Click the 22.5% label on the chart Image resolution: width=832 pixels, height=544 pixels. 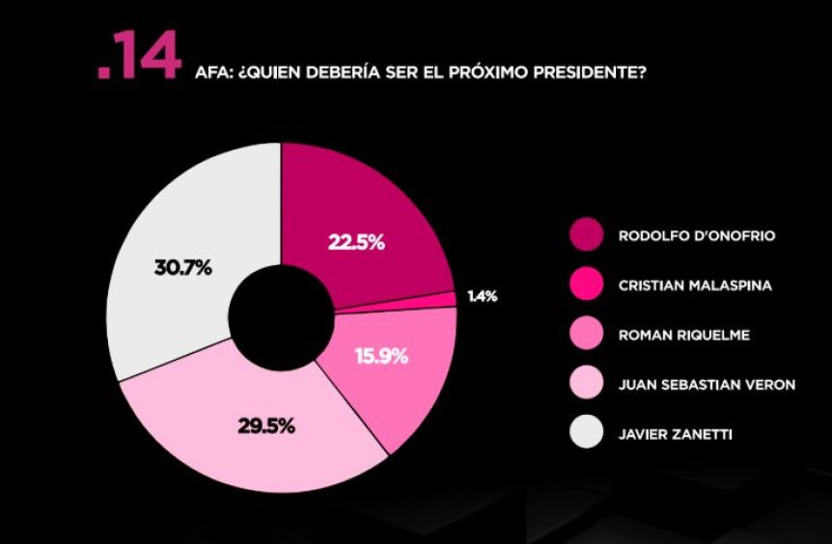tap(356, 243)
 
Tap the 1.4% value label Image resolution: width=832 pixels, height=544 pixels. tap(483, 297)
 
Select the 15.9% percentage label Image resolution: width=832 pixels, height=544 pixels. tap(382, 356)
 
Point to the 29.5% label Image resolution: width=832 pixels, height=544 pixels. tap(267, 425)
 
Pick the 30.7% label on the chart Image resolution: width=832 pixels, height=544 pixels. tap(182, 268)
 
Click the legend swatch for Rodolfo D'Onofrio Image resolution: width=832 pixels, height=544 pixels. tap(586, 234)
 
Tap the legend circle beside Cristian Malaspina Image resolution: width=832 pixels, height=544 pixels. tap(586, 285)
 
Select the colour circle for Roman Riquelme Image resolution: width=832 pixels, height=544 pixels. tap(586, 335)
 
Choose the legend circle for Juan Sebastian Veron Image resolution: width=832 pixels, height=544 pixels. tap(586, 385)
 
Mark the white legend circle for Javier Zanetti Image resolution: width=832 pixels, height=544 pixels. tap(586, 435)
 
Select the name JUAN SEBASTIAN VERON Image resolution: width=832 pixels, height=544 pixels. tap(707, 385)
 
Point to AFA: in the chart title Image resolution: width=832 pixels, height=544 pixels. tap(212, 71)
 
